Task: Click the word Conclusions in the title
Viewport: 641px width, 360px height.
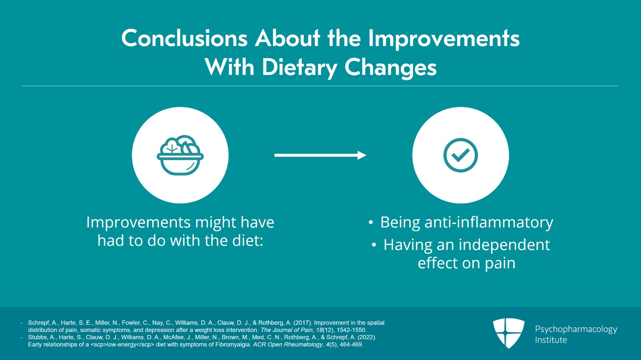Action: (x=184, y=39)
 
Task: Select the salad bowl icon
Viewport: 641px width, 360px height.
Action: (x=180, y=155)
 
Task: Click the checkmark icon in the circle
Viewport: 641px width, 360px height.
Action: (x=461, y=155)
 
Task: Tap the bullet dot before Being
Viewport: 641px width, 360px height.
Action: (x=371, y=223)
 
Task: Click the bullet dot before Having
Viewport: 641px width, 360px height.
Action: (x=374, y=245)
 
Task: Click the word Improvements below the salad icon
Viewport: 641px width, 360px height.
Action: (x=138, y=222)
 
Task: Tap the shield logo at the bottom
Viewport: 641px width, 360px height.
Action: (x=508, y=333)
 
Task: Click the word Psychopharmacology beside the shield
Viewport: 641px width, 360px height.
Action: (x=576, y=329)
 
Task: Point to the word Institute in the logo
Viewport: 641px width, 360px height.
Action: (x=551, y=340)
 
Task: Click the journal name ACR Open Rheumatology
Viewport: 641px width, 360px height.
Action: (x=288, y=344)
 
